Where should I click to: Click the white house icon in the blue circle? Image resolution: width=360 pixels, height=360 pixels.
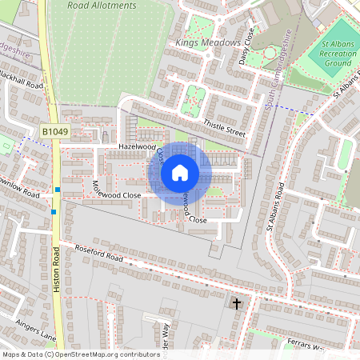pos(180,172)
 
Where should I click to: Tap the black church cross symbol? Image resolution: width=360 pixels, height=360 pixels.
pos(236,302)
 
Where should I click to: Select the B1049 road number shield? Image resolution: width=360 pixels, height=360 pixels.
pos(55,130)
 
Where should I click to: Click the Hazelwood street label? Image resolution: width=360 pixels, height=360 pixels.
pos(135,147)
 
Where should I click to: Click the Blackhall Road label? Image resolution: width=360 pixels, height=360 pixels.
pos(21,83)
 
